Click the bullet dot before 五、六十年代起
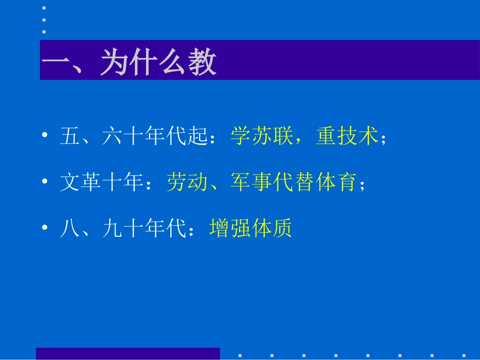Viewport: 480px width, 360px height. click(x=45, y=136)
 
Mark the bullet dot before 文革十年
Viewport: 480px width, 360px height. click(x=45, y=182)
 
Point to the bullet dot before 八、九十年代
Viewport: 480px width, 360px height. click(x=45, y=229)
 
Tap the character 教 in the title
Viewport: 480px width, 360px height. click(x=202, y=63)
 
